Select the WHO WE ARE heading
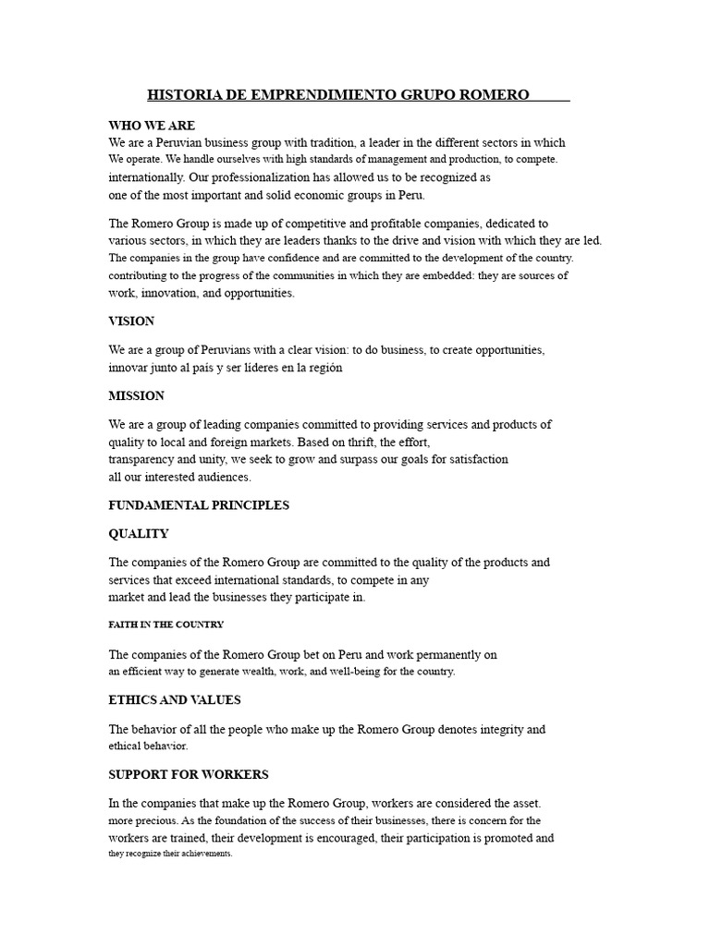click(152, 126)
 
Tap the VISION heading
click(131, 321)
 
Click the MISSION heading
click(136, 395)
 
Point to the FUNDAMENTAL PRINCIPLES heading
click(199, 505)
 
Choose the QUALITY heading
click(139, 534)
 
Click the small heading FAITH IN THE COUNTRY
click(166, 625)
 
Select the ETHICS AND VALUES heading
click(176, 700)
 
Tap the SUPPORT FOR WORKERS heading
click(189, 774)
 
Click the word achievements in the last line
click(204, 854)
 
